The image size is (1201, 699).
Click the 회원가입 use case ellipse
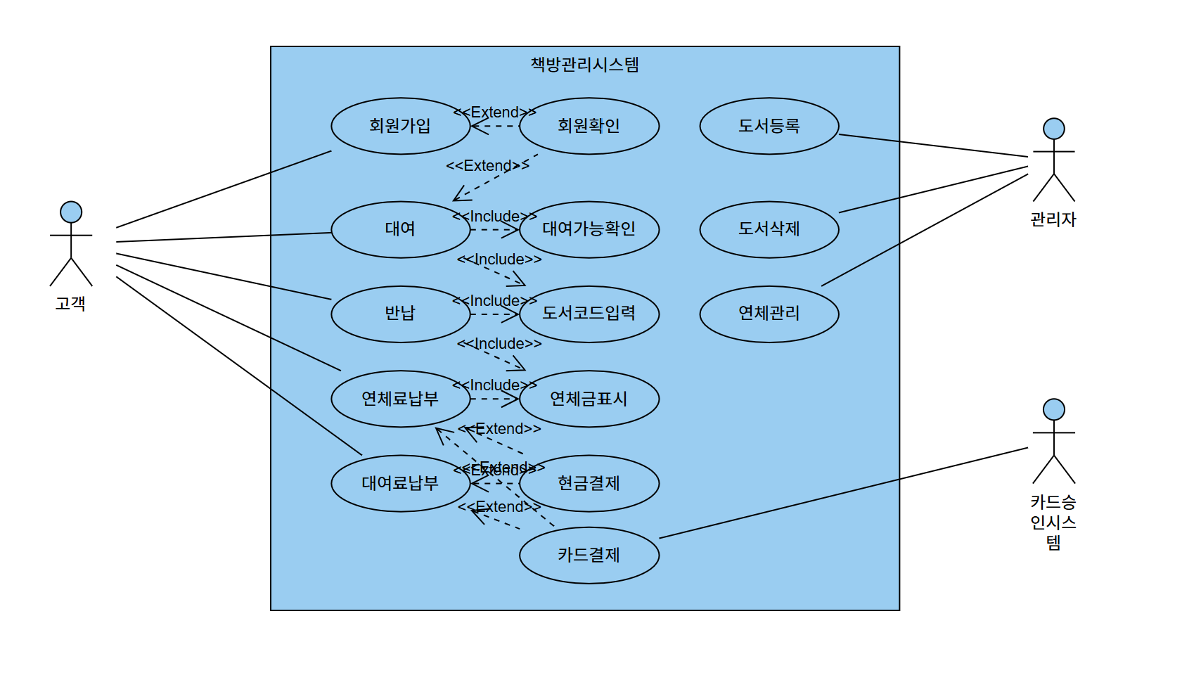coord(400,126)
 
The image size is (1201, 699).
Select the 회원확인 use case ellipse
coord(589,126)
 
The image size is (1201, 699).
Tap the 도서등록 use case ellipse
coord(769,126)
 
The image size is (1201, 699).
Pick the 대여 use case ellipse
coord(400,229)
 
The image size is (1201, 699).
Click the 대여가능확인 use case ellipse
coord(589,229)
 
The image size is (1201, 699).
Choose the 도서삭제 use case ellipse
coord(769,229)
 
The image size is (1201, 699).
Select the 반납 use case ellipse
coord(400,314)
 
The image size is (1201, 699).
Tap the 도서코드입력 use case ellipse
coord(589,314)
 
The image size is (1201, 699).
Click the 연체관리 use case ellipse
coord(769,314)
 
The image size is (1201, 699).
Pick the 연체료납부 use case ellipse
coord(400,399)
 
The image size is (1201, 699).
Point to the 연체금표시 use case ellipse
coord(589,399)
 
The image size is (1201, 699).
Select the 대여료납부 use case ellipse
coord(400,483)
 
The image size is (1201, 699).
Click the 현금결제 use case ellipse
coord(589,483)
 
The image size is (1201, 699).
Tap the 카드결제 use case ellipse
coord(589,555)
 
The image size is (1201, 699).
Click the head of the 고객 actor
coord(71,212)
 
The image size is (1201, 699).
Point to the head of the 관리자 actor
coord(1053,129)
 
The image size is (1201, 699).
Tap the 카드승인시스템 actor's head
coord(1053,409)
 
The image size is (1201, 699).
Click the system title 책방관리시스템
coord(584,65)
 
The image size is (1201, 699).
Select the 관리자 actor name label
coord(1053,219)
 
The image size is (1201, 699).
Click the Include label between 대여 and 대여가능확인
coord(494,217)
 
